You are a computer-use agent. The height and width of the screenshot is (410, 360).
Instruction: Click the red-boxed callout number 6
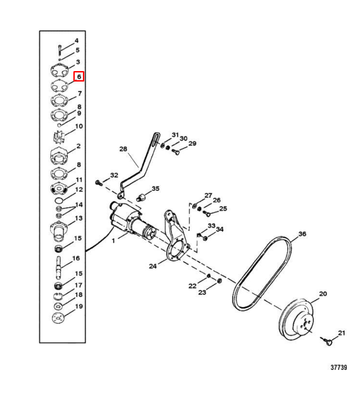click(79, 77)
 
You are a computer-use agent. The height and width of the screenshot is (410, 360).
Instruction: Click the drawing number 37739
click(339, 367)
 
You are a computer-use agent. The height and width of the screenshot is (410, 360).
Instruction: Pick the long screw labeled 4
click(60, 50)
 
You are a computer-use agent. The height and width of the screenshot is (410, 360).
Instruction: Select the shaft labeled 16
click(58, 267)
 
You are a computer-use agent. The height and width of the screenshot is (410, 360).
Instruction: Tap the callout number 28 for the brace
click(123, 149)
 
